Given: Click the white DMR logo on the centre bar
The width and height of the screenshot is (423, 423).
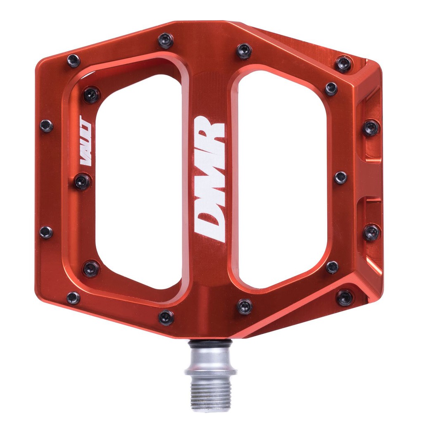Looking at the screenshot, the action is point(209,179).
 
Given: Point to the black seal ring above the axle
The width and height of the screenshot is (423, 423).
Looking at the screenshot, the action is point(210,344).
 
